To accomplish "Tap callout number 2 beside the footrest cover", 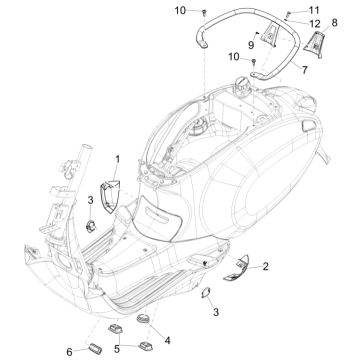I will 237,266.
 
